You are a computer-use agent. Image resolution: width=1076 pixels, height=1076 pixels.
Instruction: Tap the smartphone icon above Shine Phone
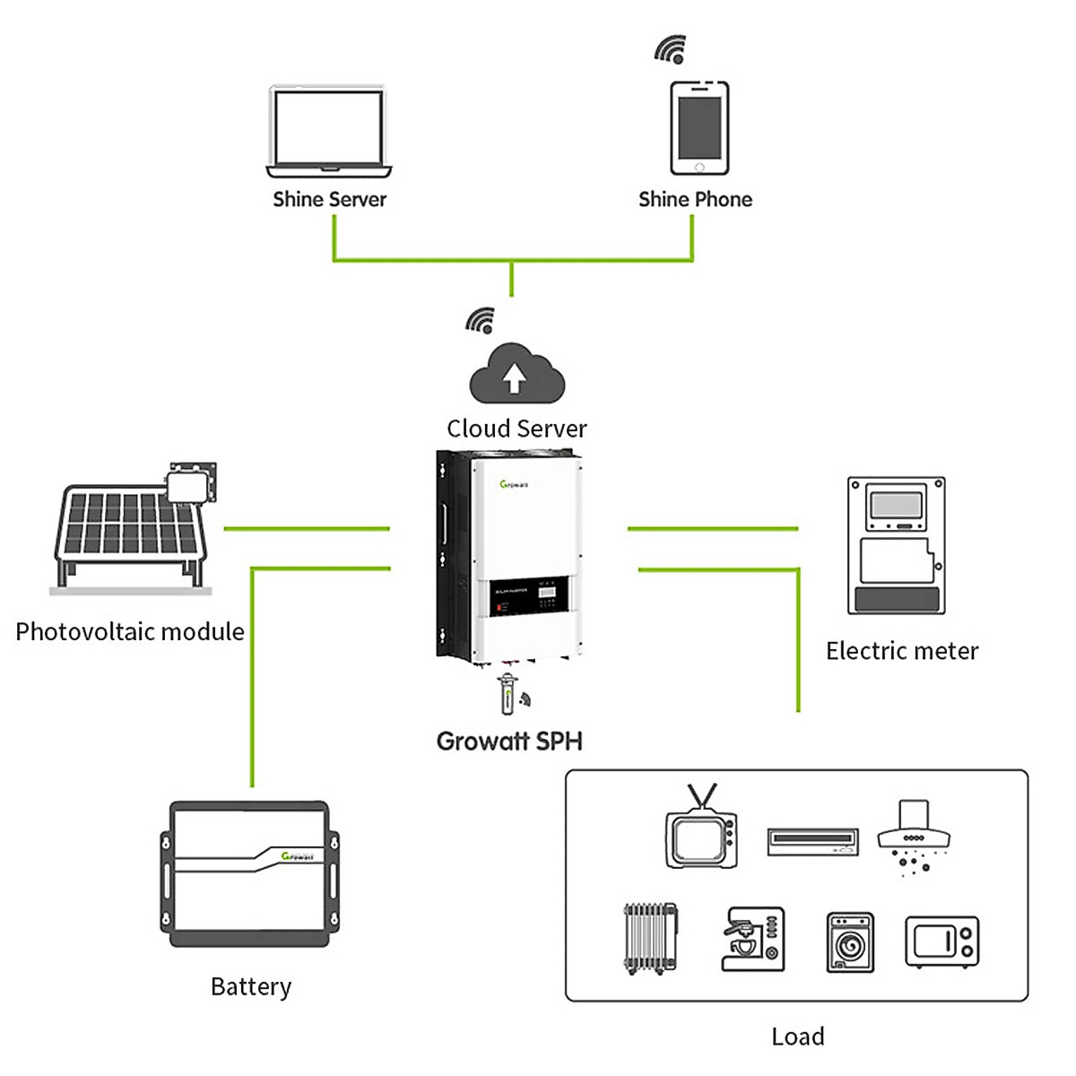[699, 127]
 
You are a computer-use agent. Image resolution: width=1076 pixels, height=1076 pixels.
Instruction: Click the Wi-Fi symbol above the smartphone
[671, 49]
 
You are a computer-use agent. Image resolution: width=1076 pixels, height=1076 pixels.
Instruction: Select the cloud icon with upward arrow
[516, 375]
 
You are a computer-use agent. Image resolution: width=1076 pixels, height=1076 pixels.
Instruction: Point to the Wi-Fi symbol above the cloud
[482, 321]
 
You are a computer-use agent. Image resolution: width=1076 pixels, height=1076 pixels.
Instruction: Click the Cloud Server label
[516, 429]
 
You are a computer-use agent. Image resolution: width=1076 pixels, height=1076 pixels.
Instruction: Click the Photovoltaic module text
[130, 631]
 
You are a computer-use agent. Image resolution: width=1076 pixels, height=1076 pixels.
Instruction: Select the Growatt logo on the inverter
[514, 484]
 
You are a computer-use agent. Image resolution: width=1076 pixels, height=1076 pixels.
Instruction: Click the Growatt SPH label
[509, 742]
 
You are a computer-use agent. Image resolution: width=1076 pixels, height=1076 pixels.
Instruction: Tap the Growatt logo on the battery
[297, 856]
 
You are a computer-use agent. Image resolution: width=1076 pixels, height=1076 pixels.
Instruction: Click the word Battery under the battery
[251, 986]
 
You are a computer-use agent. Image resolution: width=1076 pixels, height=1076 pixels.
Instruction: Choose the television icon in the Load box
[701, 830]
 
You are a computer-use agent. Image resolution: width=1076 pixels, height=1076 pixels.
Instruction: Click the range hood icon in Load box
[913, 838]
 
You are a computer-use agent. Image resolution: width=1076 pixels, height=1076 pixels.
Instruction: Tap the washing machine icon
[849, 942]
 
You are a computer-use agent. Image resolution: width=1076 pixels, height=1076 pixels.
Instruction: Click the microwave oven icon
[941, 941]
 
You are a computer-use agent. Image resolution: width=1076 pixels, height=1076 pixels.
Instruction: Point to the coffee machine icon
[752, 939]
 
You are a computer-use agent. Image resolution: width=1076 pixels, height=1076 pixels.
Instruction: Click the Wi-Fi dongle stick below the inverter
[508, 693]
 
